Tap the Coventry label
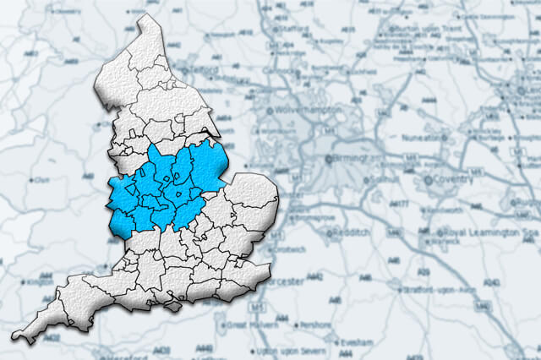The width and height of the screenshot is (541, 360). [x=456, y=180]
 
